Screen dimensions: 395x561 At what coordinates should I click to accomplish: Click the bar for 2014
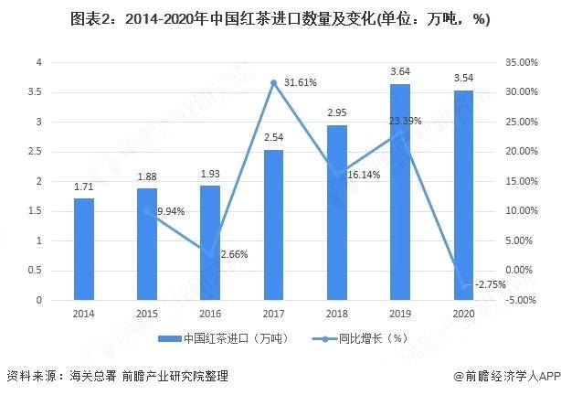pos(84,249)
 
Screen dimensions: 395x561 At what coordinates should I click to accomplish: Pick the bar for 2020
pos(463,195)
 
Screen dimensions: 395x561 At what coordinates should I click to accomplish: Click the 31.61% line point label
pos(299,82)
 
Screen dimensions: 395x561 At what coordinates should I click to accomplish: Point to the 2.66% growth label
pos(235,254)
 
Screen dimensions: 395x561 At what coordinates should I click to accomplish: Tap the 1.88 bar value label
pos(147,177)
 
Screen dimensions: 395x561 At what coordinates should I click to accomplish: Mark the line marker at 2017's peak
pos(273,82)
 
